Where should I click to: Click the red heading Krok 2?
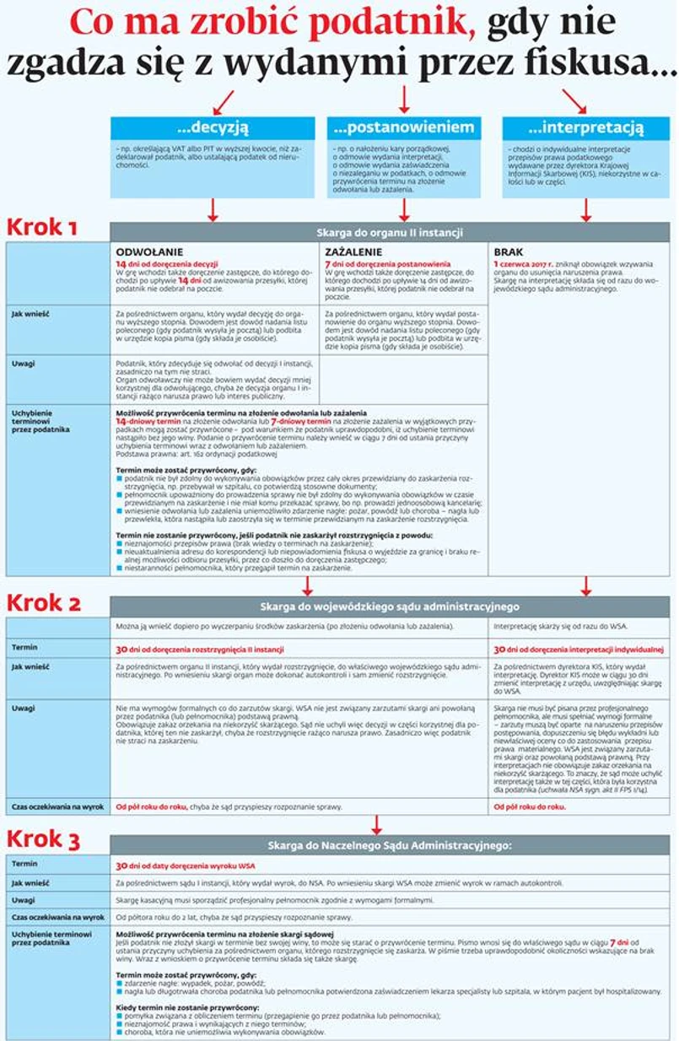pos(44,602)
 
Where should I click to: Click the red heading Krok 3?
pos(44,838)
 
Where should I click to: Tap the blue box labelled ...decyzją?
pos(213,128)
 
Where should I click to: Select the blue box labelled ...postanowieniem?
pos(404,128)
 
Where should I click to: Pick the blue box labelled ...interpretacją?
pos(585,128)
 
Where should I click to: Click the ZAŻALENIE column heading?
pos(353,251)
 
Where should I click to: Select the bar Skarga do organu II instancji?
pos(389,231)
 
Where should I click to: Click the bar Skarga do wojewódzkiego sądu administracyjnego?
pos(389,607)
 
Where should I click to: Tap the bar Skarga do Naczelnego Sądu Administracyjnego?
pos(389,844)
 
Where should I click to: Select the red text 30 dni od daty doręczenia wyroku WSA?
pos(185,866)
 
